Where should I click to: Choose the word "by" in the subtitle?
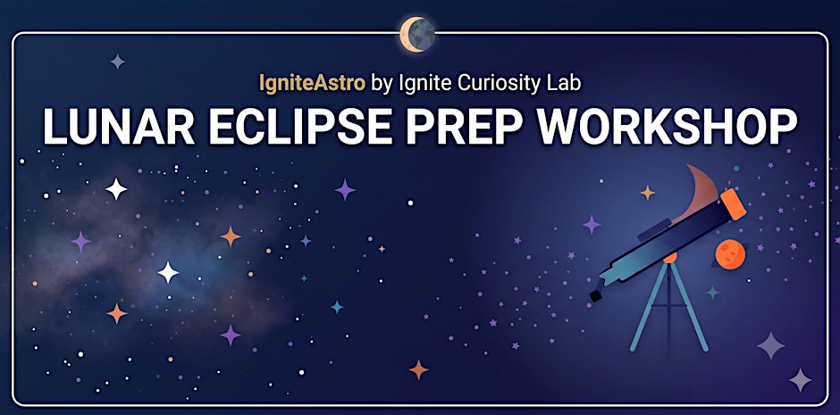point(382,85)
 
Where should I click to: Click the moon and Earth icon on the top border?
point(417,35)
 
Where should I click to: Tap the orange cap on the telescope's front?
point(733,203)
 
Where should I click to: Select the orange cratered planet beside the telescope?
point(730,254)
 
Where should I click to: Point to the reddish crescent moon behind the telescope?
point(701,193)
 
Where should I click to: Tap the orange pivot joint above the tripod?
point(669,258)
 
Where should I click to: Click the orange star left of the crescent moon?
point(647,193)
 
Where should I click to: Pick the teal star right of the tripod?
point(712,292)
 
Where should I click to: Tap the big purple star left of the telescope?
point(592,224)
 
